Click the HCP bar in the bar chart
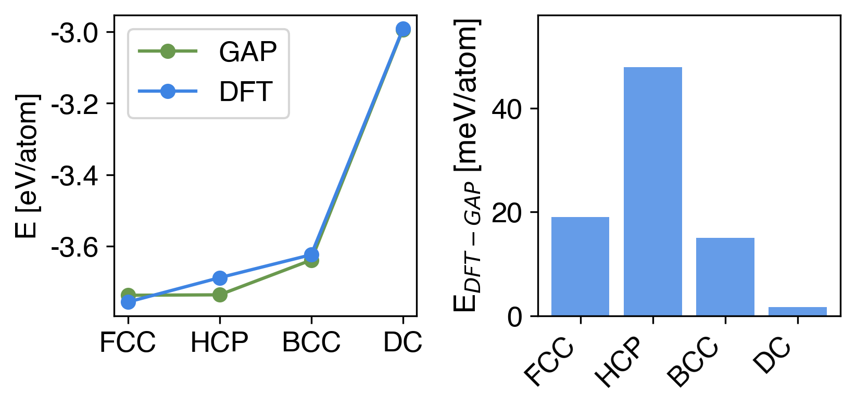(x=652, y=191)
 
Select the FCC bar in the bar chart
(x=580, y=266)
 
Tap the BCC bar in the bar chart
(x=725, y=276)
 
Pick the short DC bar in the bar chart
(x=797, y=311)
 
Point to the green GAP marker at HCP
(x=220, y=295)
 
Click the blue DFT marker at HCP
(x=220, y=278)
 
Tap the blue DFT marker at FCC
(x=128, y=302)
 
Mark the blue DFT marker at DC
(x=402, y=29)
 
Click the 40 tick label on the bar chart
(x=507, y=109)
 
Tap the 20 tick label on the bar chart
(x=507, y=213)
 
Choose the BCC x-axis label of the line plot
(x=311, y=342)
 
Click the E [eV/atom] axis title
(x=27, y=166)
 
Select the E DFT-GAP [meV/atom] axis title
(x=467, y=166)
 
